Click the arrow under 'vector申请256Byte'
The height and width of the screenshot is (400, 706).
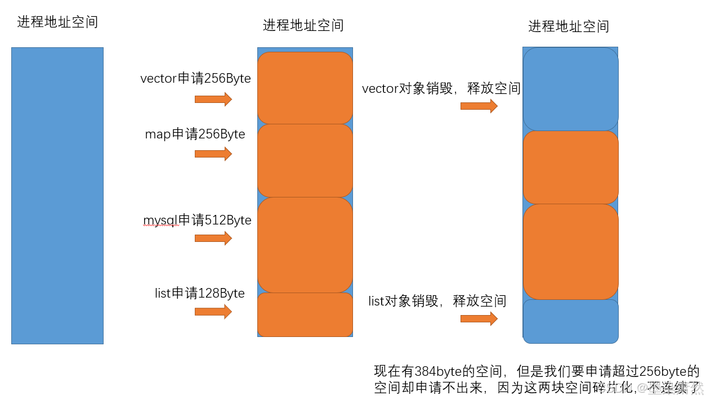coord(213,100)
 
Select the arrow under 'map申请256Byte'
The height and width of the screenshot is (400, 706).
coord(213,154)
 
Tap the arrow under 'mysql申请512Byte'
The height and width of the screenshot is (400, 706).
coord(213,238)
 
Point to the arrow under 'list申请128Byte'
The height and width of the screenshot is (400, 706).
coord(213,312)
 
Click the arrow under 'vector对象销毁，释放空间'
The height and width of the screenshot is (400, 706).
coord(479,106)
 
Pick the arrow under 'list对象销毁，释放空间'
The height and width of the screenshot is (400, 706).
coord(479,318)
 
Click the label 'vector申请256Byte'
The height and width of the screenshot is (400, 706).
coord(195,79)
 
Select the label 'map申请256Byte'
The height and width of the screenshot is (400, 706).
coord(195,134)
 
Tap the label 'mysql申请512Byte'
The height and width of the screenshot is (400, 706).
coord(197,220)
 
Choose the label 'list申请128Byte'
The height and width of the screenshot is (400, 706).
coord(199,293)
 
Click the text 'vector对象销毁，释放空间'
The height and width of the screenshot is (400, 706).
coord(441,88)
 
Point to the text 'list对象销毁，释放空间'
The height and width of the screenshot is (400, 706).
coord(437,301)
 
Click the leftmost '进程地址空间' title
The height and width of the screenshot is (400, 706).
coord(57,22)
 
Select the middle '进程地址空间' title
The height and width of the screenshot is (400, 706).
coord(303,25)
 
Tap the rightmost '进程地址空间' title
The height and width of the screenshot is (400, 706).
coord(569,26)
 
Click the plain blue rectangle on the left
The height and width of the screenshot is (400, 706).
coord(57,195)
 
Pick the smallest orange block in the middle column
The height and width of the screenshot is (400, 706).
coord(305,314)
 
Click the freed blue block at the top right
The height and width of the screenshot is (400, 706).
coord(570,89)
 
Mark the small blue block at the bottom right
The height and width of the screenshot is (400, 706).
coord(570,321)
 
